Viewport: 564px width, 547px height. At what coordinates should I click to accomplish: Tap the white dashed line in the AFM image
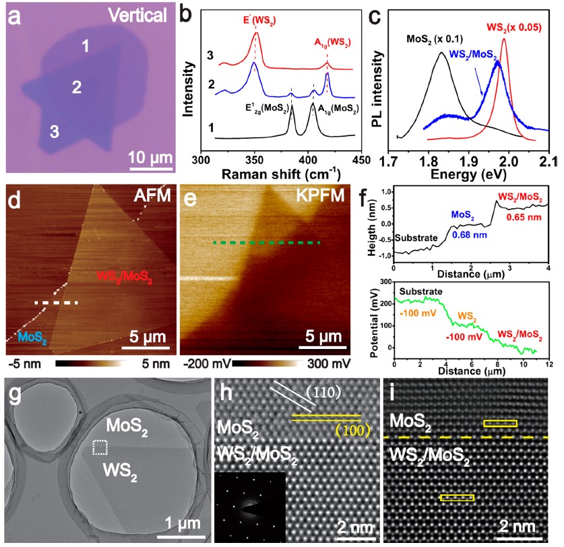[57, 303]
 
